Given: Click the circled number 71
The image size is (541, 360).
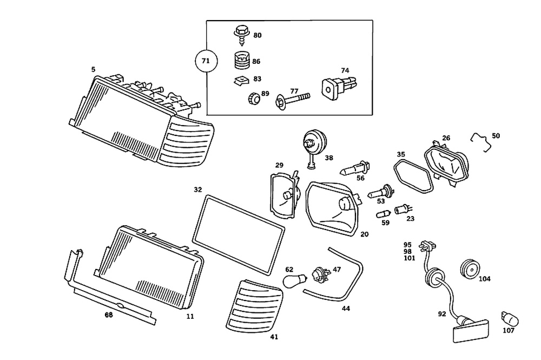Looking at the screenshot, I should click(205, 61).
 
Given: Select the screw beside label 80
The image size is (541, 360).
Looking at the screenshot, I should click(240, 34).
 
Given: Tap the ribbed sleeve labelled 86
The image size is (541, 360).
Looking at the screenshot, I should click(240, 61).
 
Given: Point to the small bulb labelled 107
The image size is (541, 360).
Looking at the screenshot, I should click(507, 316).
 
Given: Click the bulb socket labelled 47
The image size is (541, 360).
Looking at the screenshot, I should click(319, 273).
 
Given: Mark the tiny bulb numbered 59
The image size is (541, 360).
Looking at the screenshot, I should click(385, 212).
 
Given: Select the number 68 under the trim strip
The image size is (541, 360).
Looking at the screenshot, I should click(109, 314).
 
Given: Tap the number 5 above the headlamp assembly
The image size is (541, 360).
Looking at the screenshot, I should click(93, 69).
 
